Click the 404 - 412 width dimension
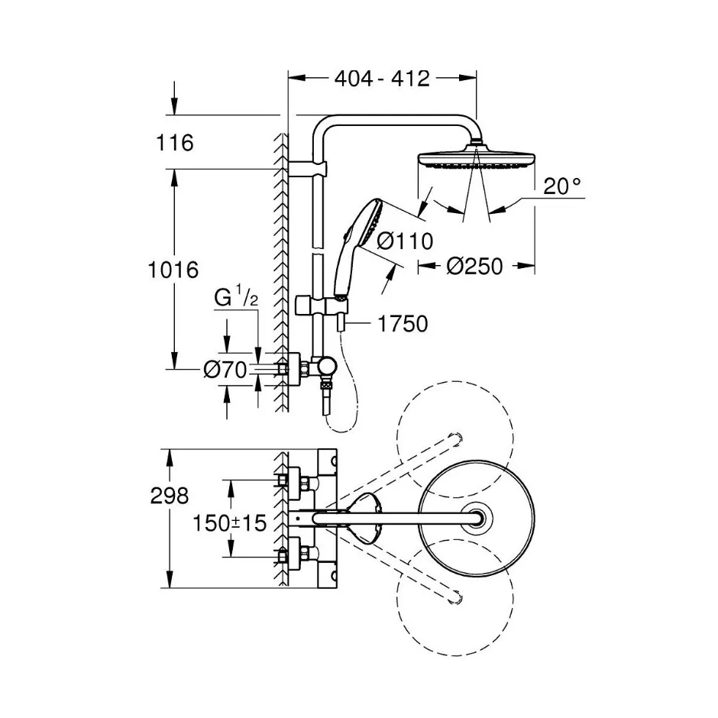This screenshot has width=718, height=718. click(382, 79)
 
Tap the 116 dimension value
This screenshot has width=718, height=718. click(175, 143)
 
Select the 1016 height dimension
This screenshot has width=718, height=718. click(173, 270)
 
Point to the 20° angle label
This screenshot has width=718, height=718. click(562, 186)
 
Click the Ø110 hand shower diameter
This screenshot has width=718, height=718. click(405, 241)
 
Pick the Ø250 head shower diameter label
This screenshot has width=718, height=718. click(475, 266)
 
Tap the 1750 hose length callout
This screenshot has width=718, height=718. click(403, 324)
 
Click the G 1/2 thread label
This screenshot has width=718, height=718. click(236, 298)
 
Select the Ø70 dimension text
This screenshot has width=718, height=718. click(225, 370)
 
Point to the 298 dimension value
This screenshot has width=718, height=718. click(170, 496)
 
